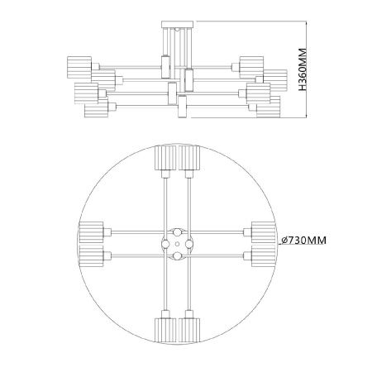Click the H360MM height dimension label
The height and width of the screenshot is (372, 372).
pos(303,69)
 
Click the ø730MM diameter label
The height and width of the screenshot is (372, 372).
pos(304,241)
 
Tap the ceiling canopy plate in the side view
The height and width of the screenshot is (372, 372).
pos(178,24)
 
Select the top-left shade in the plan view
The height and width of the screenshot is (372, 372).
pos(165,158)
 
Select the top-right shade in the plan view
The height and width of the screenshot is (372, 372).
pos(189,158)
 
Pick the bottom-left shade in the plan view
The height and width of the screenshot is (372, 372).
pos(165,331)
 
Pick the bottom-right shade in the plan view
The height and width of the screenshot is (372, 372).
pos(189,331)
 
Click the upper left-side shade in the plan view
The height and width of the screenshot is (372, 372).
pos(91,232)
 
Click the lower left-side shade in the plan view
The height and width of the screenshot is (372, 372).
pos(91,256)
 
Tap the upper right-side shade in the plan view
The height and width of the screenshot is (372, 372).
pos(264,232)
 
